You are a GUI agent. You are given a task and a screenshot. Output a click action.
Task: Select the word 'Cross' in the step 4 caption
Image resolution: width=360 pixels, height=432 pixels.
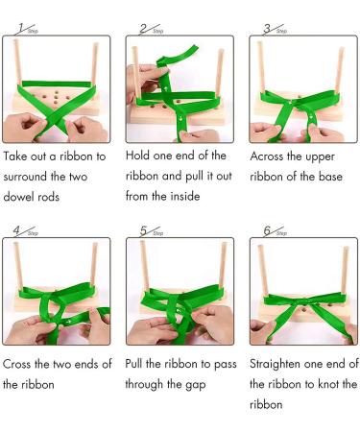pos(23,364)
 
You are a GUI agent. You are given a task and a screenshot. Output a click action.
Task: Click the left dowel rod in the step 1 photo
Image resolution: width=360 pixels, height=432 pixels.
pos(18,72)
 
